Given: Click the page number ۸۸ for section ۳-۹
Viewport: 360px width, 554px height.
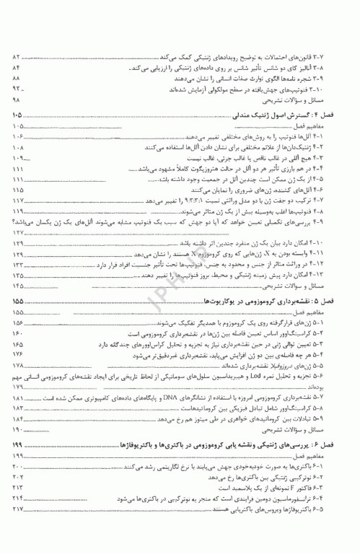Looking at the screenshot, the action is click(18, 77).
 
